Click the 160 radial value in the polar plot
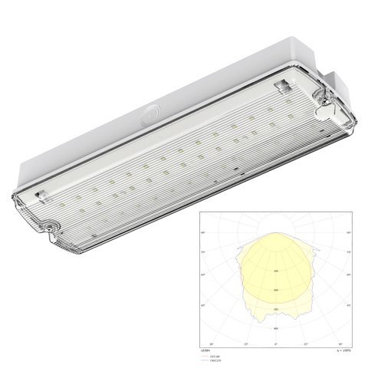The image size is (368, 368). (277, 271)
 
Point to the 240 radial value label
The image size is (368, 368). (277, 290)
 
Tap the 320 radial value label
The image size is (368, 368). (277, 309)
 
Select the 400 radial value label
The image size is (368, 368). (277, 328)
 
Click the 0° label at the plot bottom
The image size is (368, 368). (277, 344)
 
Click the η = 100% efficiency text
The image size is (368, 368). (342, 350)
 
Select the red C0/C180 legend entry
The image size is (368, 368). (210, 356)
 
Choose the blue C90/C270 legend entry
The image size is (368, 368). (211, 360)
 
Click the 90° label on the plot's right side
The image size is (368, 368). (350, 232)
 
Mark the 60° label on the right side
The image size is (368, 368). (350, 274)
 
